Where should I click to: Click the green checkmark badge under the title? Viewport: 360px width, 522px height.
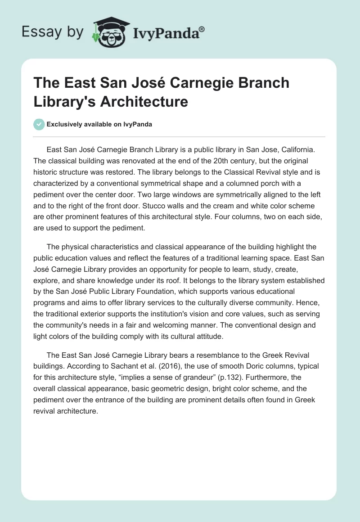click(39, 124)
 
